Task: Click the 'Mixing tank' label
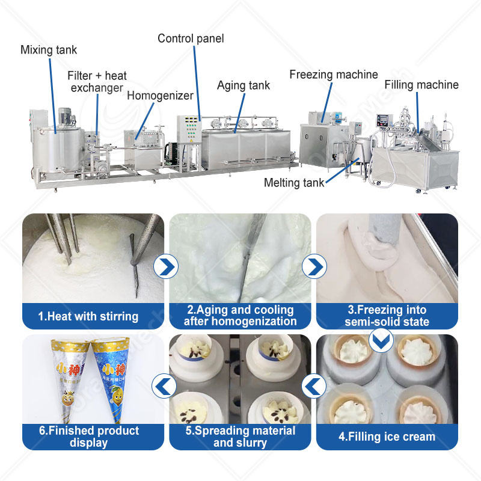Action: (x=49, y=49)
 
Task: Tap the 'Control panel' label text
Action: (x=191, y=38)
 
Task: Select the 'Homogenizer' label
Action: (x=160, y=95)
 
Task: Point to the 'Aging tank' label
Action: (x=244, y=85)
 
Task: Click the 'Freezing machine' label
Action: (x=334, y=75)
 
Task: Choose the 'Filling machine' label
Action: (x=421, y=85)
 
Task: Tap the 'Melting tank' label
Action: (x=295, y=183)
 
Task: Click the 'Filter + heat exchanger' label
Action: (x=97, y=82)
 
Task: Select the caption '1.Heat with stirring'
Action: (x=88, y=316)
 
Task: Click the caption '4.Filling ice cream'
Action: (x=387, y=437)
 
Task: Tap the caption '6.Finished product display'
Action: (x=88, y=437)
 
